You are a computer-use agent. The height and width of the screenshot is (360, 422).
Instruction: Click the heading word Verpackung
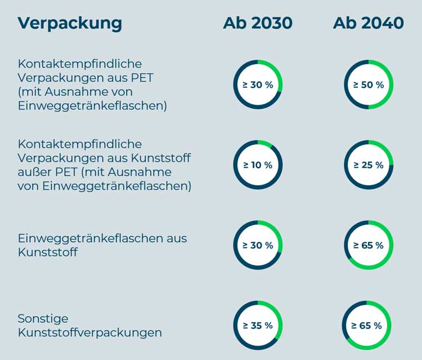click(70, 23)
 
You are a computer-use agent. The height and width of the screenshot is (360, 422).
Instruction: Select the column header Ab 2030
click(258, 23)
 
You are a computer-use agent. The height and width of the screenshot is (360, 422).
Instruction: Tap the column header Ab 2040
click(368, 23)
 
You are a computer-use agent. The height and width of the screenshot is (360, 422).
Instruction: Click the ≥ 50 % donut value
click(369, 85)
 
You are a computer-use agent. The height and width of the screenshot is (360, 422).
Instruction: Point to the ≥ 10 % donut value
click(258, 165)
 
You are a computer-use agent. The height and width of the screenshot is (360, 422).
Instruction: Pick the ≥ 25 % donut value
click(369, 165)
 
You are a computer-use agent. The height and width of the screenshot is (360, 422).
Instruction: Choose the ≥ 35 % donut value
click(258, 326)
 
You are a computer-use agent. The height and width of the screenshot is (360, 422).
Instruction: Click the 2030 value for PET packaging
click(258, 85)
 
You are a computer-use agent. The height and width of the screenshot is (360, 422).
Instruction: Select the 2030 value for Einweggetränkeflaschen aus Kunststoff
click(258, 246)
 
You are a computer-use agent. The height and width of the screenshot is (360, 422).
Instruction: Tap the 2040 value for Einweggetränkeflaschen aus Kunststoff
click(369, 246)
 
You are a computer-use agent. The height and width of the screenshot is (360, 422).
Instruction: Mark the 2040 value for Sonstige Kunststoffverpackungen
click(367, 326)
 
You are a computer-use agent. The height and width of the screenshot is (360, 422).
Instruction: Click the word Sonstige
click(43, 319)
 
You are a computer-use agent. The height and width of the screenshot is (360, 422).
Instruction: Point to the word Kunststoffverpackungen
click(90, 332)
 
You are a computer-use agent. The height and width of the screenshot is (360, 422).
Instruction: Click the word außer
click(35, 172)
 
